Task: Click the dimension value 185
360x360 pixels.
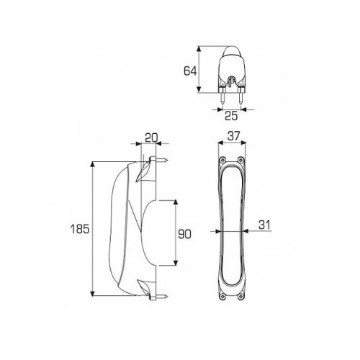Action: point(80,229)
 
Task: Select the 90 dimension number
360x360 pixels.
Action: point(184,234)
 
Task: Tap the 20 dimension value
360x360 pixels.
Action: point(151,138)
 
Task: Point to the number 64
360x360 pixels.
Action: point(190,71)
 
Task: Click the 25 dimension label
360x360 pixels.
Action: point(231,116)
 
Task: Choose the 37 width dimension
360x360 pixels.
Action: point(233,136)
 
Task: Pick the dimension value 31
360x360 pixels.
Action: point(264,225)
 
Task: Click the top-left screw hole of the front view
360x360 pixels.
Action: point(223,159)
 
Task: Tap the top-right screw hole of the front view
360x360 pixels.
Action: point(240,159)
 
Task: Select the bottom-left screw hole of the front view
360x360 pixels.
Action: point(223,297)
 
